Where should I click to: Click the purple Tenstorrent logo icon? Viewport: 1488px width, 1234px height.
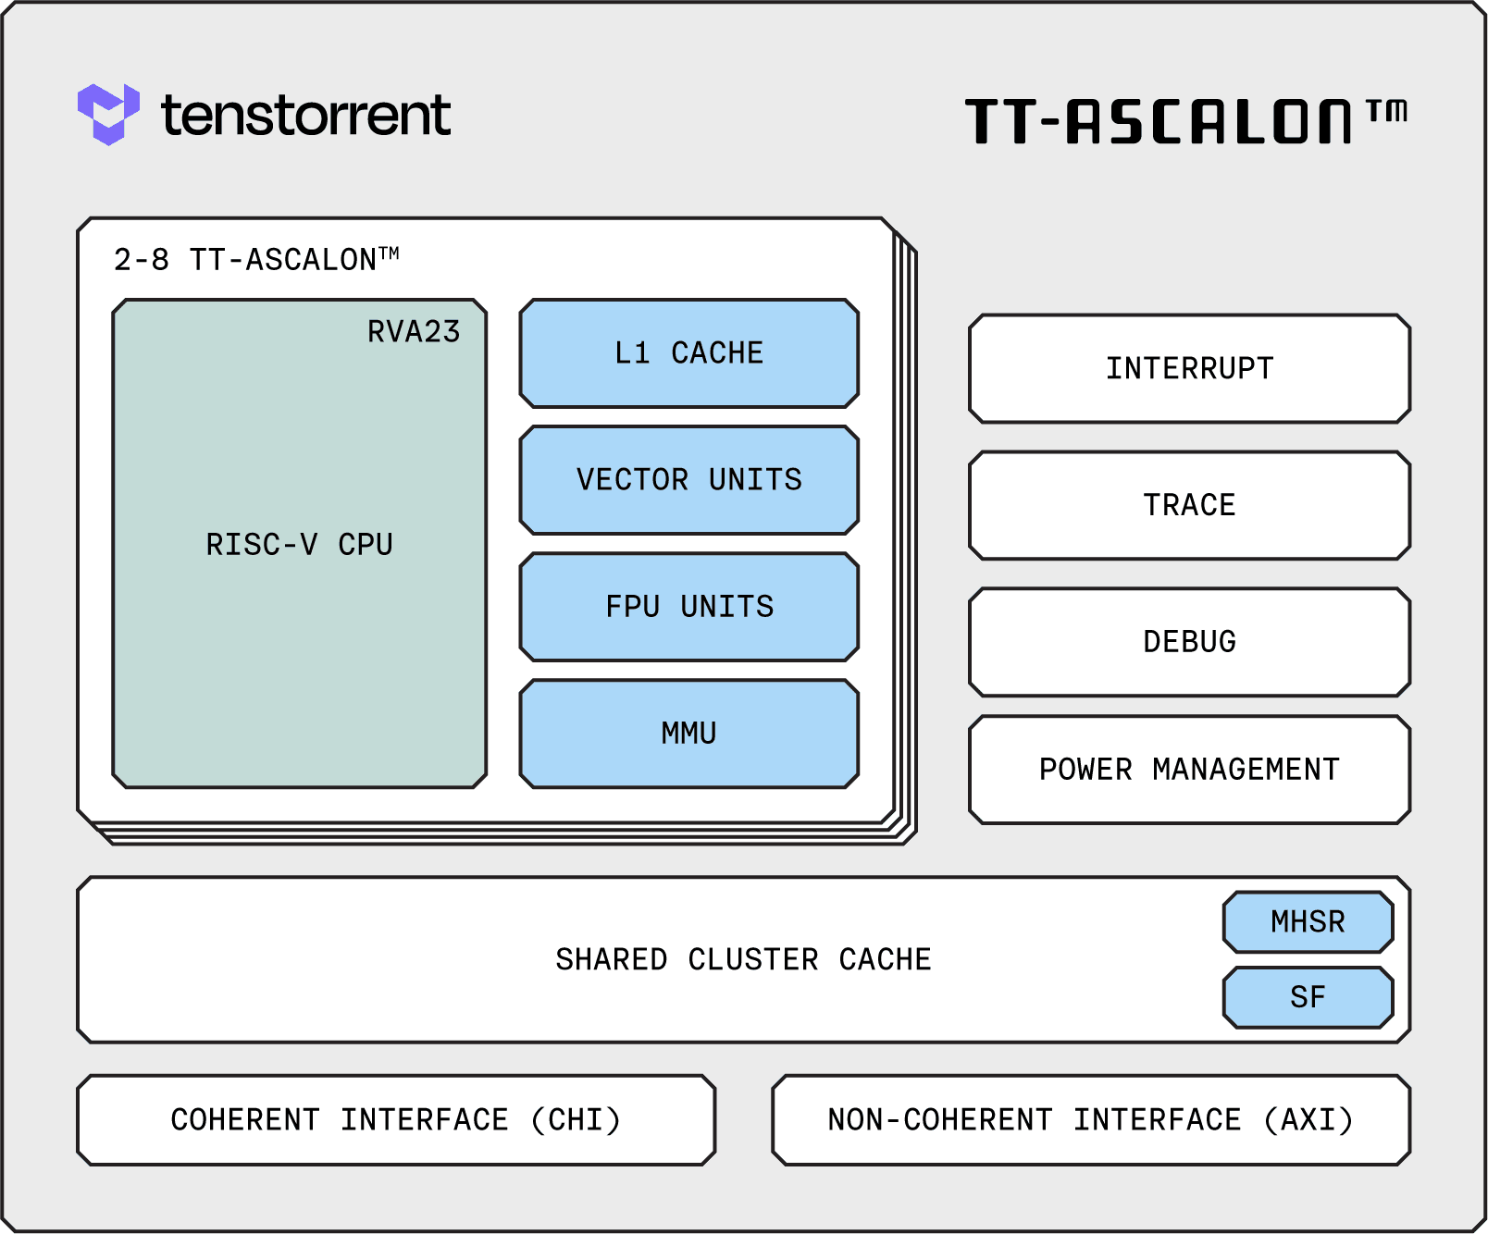click(108, 114)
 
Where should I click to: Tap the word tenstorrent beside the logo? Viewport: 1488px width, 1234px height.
click(305, 116)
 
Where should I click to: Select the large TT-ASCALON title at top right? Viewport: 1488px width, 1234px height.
click(1159, 122)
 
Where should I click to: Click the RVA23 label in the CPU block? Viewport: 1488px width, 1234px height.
click(414, 331)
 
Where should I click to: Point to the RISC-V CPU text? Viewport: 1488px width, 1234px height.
click(299, 545)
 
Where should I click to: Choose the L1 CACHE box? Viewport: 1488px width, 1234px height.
click(689, 353)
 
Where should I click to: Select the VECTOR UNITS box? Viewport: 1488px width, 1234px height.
click(689, 480)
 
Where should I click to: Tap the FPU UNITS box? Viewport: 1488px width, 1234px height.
click(689, 607)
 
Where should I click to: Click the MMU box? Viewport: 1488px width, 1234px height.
click(689, 734)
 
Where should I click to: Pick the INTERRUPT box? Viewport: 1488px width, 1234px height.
click(1189, 369)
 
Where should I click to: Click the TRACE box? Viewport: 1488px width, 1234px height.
click(1189, 505)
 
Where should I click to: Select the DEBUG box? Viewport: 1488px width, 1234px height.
click(1189, 642)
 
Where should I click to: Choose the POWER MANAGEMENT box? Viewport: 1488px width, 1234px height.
click(1189, 770)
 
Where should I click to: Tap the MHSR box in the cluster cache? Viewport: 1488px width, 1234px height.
click(1308, 922)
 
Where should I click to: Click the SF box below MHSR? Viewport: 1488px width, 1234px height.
click(1308, 997)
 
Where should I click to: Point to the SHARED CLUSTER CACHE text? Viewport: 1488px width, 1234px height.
click(743, 960)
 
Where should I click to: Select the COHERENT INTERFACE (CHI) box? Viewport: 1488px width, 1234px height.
click(396, 1120)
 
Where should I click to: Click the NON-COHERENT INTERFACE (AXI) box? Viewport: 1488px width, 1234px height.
click(1091, 1120)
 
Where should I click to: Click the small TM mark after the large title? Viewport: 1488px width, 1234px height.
click(1387, 112)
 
